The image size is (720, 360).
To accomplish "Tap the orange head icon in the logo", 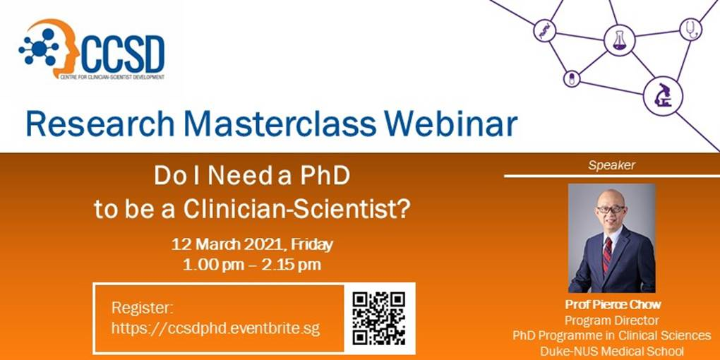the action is coord(62,46).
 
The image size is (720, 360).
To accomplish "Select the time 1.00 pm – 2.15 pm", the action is coord(252,265).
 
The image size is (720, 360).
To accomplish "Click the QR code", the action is coord(379,318).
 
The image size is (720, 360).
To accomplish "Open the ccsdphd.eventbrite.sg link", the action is coord(215,329).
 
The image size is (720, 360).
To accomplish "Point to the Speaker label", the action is coord(611,165).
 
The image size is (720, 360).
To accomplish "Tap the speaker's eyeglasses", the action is coord(611,210).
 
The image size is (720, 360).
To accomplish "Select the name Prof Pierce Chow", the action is coord(612,304).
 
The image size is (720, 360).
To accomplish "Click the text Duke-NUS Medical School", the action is coord(612,352).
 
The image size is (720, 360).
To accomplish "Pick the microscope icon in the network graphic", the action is coord(663,95).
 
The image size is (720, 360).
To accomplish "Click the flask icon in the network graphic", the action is coord(619,40).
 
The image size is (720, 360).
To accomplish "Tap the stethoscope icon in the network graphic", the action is coord(690,30).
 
